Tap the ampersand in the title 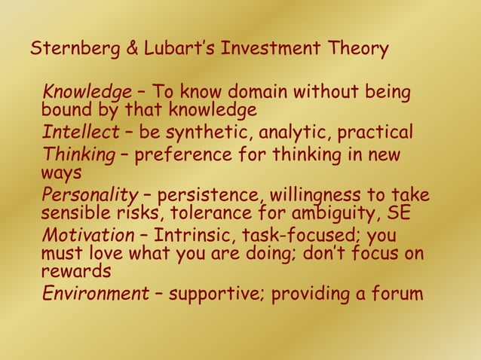[x=130, y=50]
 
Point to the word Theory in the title [x=358, y=50]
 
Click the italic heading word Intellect [x=80, y=133]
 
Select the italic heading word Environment [x=95, y=293]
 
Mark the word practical [x=375, y=133]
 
